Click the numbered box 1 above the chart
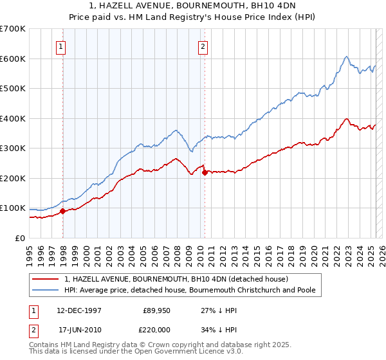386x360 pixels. [60, 46]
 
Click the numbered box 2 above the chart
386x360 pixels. [203, 46]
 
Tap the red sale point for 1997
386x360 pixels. [62, 211]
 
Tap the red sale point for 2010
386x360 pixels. [205, 172]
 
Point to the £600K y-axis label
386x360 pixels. [12, 59]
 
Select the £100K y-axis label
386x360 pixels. [12, 208]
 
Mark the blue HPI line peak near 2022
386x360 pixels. [346, 57]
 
